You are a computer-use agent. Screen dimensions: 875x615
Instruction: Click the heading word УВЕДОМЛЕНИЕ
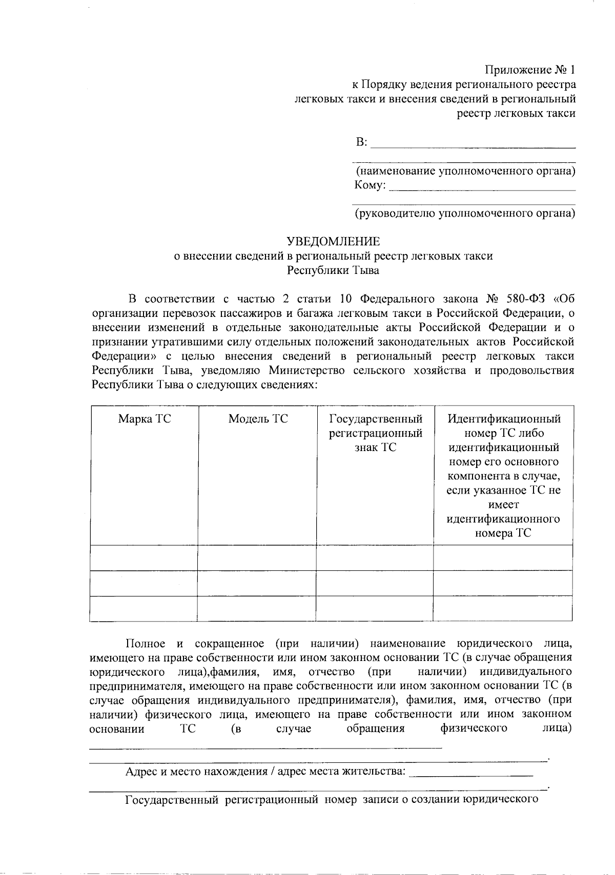[x=334, y=241]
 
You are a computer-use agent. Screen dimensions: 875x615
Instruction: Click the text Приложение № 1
[x=530, y=70]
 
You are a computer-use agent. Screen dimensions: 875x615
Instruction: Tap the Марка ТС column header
[x=145, y=419]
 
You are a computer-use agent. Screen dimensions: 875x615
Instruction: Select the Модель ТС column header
[x=258, y=419]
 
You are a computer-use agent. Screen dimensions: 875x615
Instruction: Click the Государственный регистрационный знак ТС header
[x=375, y=433]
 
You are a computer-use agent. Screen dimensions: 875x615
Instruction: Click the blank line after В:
[x=473, y=144]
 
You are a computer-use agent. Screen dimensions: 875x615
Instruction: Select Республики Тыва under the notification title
[x=333, y=270]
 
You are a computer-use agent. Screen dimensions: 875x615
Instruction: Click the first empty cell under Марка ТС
[x=143, y=558]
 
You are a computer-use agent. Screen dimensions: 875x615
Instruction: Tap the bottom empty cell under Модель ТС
[x=256, y=609]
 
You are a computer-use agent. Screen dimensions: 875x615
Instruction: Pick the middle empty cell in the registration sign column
[x=375, y=583]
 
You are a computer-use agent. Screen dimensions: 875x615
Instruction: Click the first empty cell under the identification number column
[x=503, y=558]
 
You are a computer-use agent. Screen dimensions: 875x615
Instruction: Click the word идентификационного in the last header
[x=503, y=519]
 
